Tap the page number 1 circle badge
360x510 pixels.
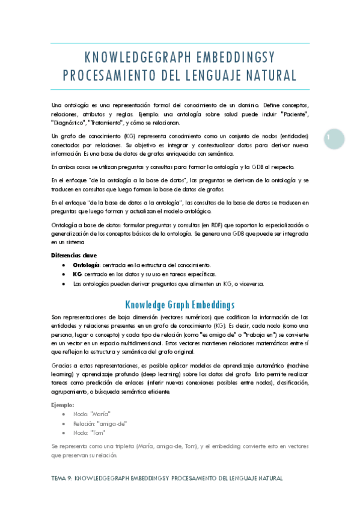click(x=331, y=138)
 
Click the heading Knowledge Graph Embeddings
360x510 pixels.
click(x=179, y=304)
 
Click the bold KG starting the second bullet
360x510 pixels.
click(x=77, y=274)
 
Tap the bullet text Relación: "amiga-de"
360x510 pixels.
click(x=100, y=423)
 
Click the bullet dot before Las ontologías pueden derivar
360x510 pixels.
click(x=64, y=284)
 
